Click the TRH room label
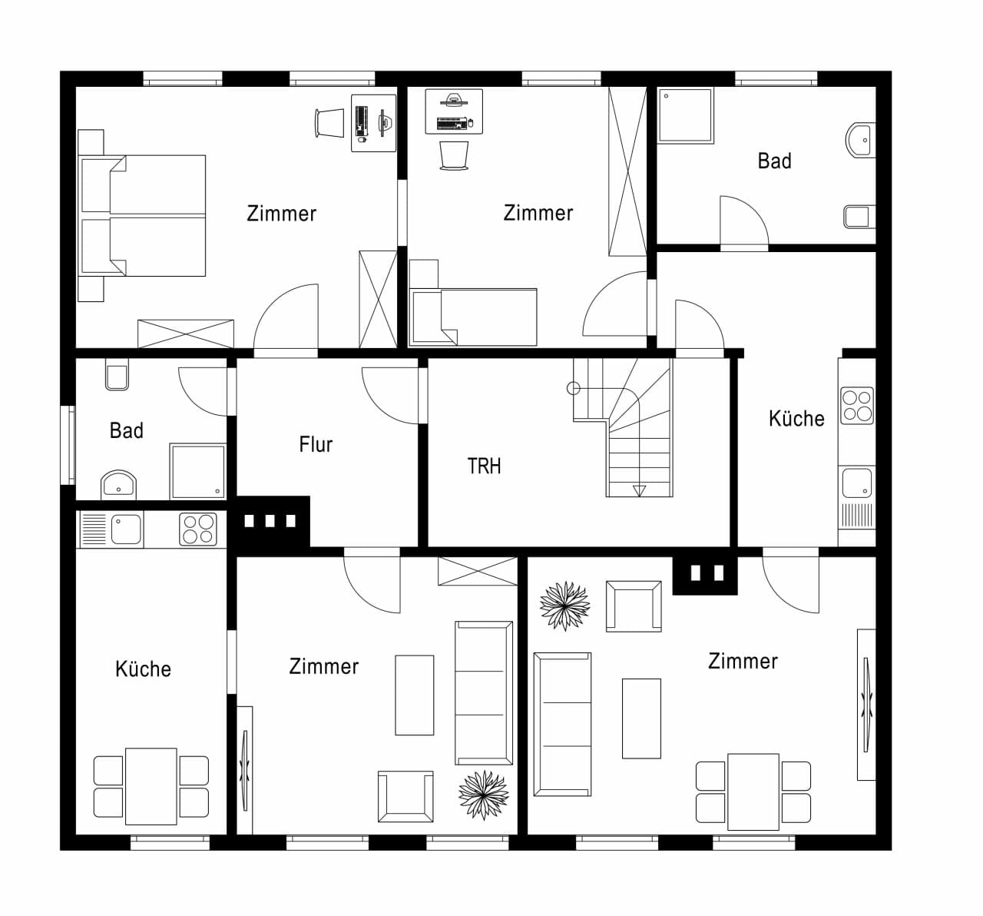tap(484, 466)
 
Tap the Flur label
tap(316, 444)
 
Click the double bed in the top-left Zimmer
tap(142, 215)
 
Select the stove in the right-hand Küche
tap(857, 406)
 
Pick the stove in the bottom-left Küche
tap(198, 529)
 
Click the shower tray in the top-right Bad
tap(686, 116)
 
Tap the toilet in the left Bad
tap(117, 374)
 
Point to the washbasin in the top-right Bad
tap(861, 140)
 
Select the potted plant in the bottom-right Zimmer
tap(564, 606)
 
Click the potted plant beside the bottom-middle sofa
tap(484, 795)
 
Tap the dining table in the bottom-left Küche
tap(151, 786)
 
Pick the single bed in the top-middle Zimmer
tap(474, 317)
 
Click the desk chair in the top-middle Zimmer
tap(454, 155)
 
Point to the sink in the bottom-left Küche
tap(126, 529)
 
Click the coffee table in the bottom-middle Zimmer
tap(414, 695)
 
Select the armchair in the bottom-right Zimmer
tap(634, 606)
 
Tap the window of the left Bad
tap(68, 446)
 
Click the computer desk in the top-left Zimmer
tap(374, 123)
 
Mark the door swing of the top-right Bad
tap(744, 221)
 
